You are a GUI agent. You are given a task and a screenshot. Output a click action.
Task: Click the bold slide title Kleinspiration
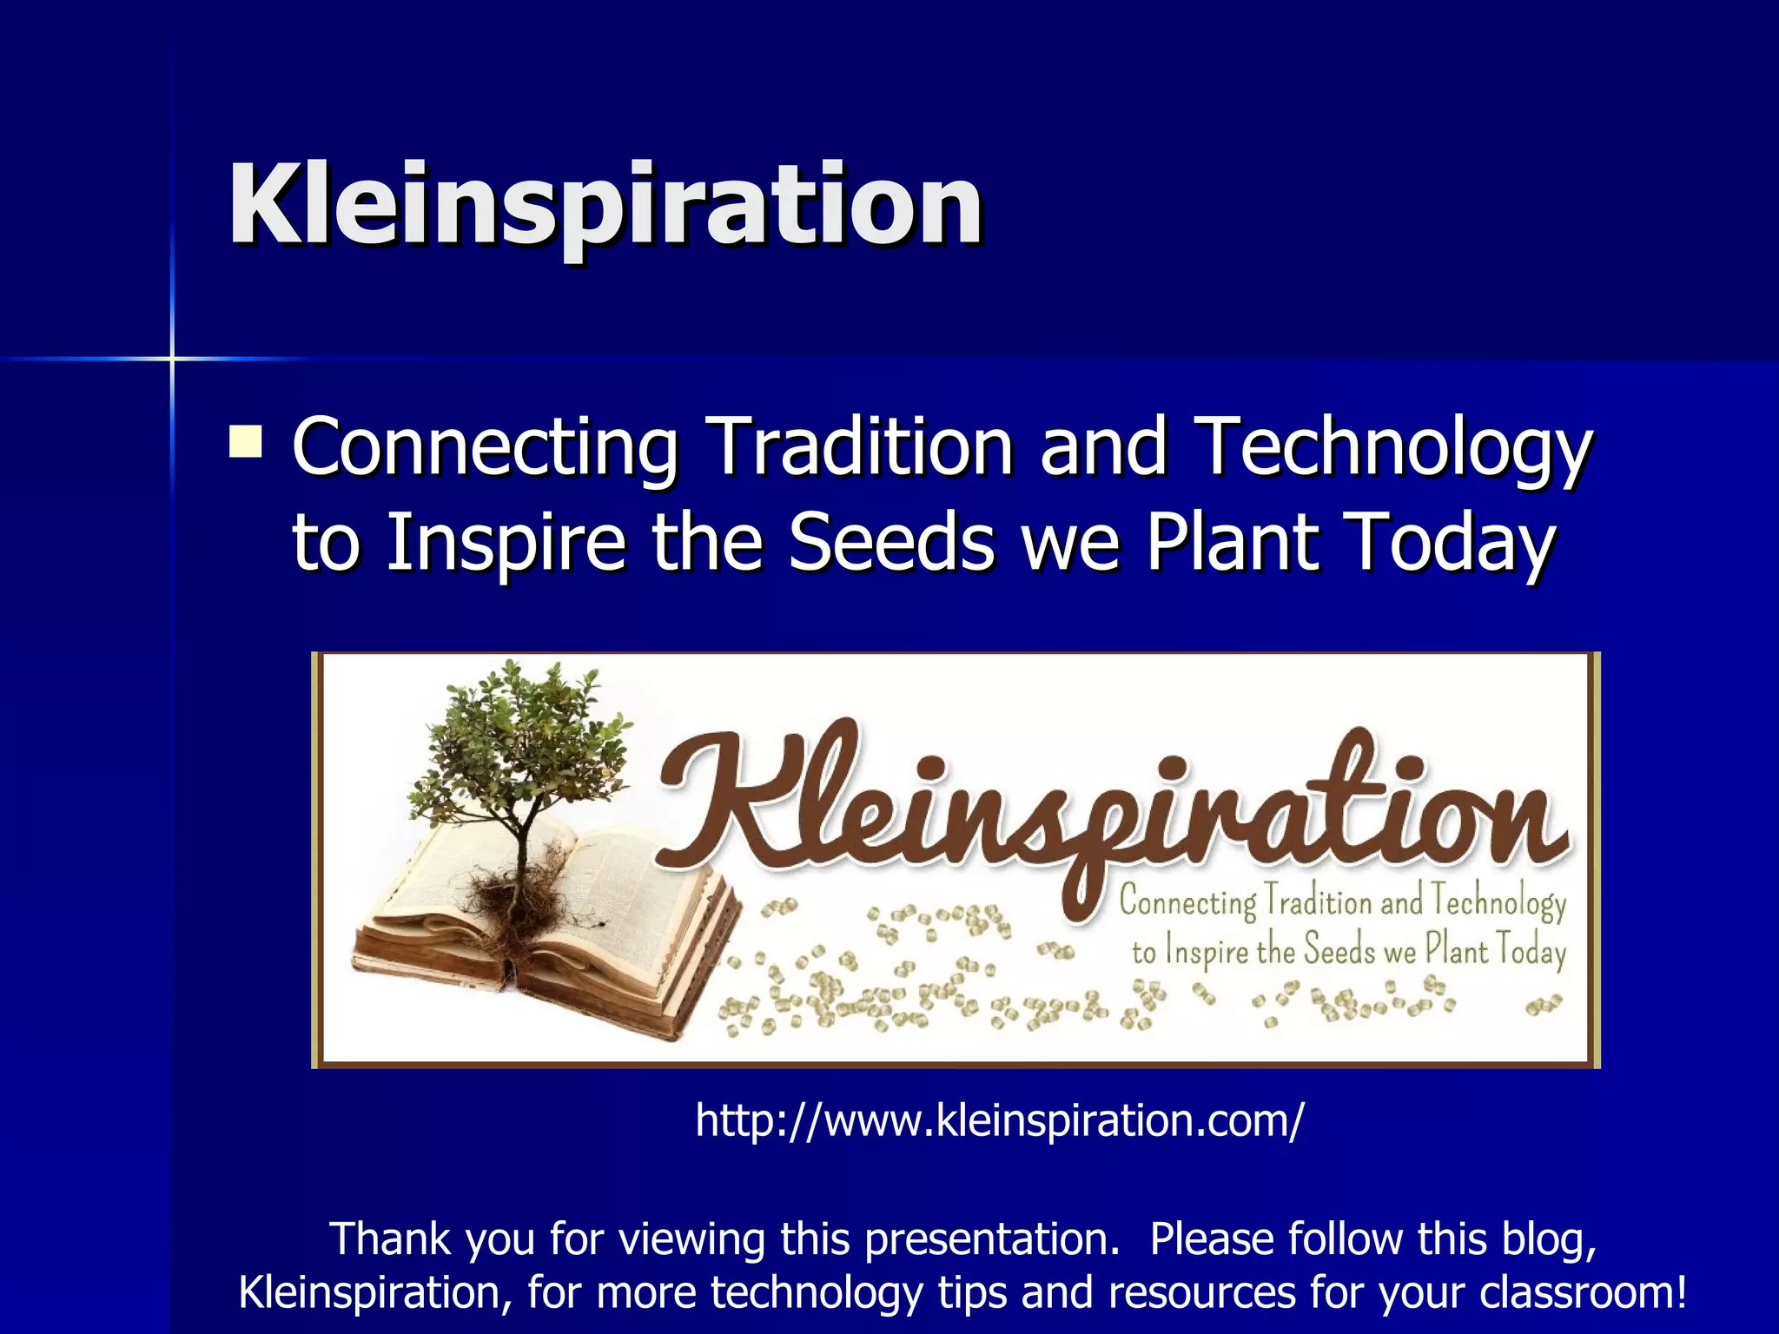pos(605,206)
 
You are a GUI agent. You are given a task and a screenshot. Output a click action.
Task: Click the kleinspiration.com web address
pos(999,1120)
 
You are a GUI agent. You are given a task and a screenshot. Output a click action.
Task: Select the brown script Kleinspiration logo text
pos(1112,808)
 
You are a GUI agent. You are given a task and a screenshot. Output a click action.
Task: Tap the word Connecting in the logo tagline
pos(1187,901)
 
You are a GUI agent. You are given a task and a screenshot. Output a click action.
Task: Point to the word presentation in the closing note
pos(990,1240)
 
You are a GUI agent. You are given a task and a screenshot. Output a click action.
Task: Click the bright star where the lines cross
pos(172,358)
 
